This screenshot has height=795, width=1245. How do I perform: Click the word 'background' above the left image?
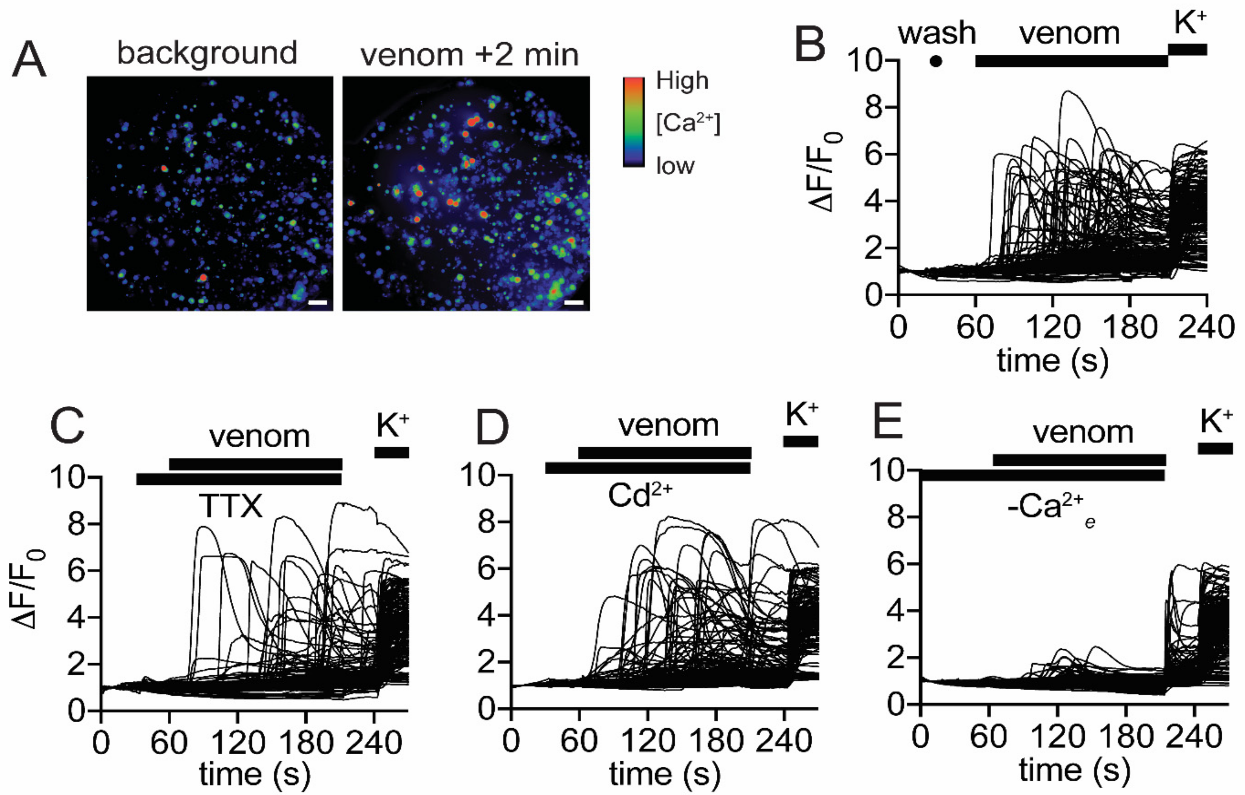tap(207, 53)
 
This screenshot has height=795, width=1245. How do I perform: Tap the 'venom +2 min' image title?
tap(469, 55)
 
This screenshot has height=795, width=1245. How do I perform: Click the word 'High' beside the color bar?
tap(682, 81)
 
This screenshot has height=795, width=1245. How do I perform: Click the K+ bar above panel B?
tap(1188, 49)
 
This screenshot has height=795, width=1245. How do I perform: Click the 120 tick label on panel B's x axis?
tap(1053, 328)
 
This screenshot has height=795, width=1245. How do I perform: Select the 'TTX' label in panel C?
tap(231, 506)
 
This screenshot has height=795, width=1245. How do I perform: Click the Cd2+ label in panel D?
tap(640, 496)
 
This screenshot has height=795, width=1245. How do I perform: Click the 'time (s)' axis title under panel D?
tap(664, 774)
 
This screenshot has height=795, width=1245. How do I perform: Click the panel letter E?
tap(887, 423)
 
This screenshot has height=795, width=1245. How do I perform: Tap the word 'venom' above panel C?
tap(259, 437)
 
